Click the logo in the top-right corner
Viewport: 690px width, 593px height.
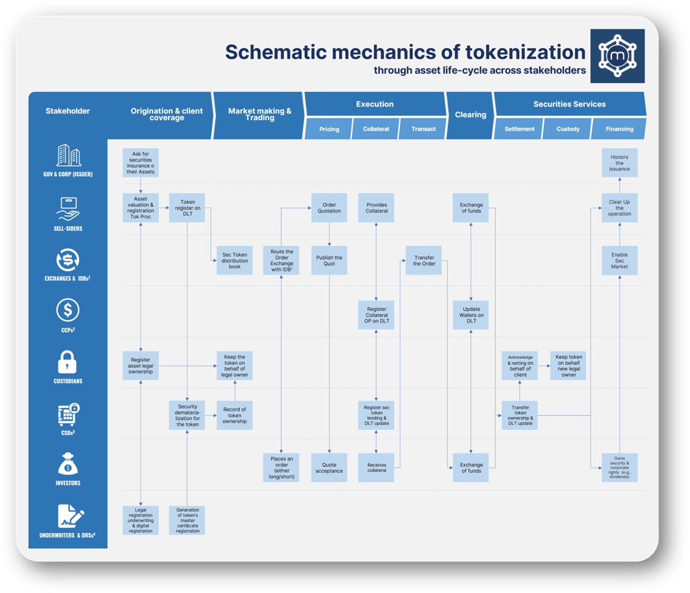click(x=617, y=56)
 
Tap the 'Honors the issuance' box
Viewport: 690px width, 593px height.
click(x=619, y=163)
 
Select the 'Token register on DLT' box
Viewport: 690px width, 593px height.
click(x=187, y=208)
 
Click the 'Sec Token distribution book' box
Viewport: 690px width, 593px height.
click(x=234, y=261)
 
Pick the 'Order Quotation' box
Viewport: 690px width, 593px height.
click(x=329, y=208)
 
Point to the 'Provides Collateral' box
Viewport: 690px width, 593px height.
click(x=377, y=208)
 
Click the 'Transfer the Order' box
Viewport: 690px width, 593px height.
click(x=424, y=261)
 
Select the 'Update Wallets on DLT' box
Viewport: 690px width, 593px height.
click(x=471, y=315)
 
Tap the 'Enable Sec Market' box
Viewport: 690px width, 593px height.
click(x=619, y=261)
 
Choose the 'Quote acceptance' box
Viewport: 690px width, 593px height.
click(x=329, y=468)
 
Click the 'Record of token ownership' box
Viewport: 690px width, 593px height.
click(x=234, y=415)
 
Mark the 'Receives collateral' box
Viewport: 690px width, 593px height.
click(x=377, y=468)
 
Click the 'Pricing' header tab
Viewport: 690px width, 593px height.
click(x=329, y=129)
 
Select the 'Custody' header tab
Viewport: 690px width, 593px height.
click(x=568, y=129)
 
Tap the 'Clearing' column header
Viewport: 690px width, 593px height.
click(x=470, y=115)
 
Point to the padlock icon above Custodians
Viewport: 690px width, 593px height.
click(x=67, y=362)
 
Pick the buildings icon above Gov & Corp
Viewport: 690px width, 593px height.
click(x=67, y=156)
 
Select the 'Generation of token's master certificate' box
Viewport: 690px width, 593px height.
click(x=187, y=520)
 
